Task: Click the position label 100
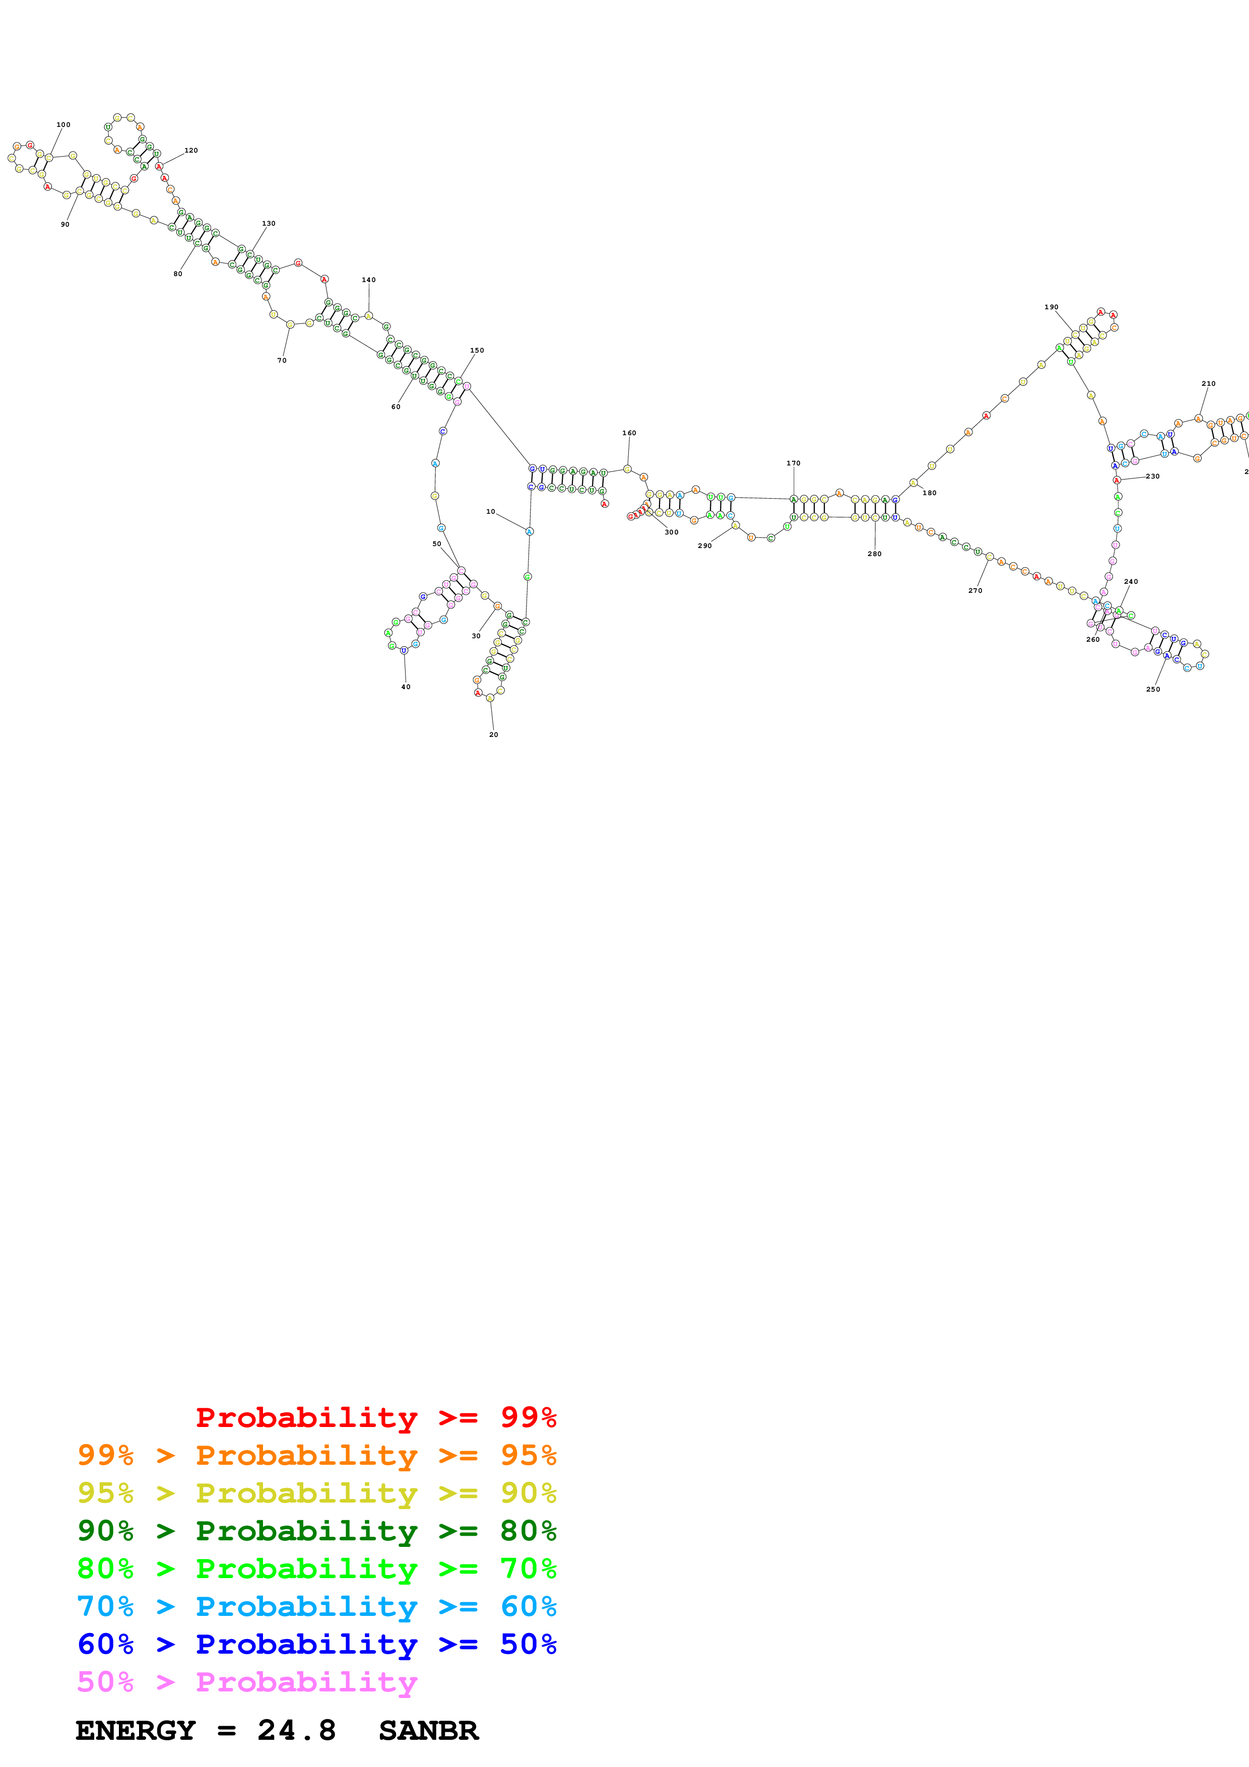pos(63,125)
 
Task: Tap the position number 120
pos(191,151)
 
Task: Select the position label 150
pos(477,350)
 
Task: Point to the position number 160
pos(629,433)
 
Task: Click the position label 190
pos(1051,307)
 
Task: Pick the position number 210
pos(1208,383)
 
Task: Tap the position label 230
pos(1152,477)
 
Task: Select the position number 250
pos(1153,690)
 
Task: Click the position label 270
pos(975,591)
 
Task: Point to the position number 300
pos(671,532)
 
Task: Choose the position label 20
pos(493,735)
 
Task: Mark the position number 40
pos(406,687)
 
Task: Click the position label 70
pos(282,360)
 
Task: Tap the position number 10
pos(490,512)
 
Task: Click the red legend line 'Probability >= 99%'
pos(375,1417)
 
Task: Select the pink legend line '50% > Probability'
pos(246,1681)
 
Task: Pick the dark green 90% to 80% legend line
pos(316,1531)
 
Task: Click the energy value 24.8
pos(296,1731)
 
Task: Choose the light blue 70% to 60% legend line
pos(316,1606)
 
